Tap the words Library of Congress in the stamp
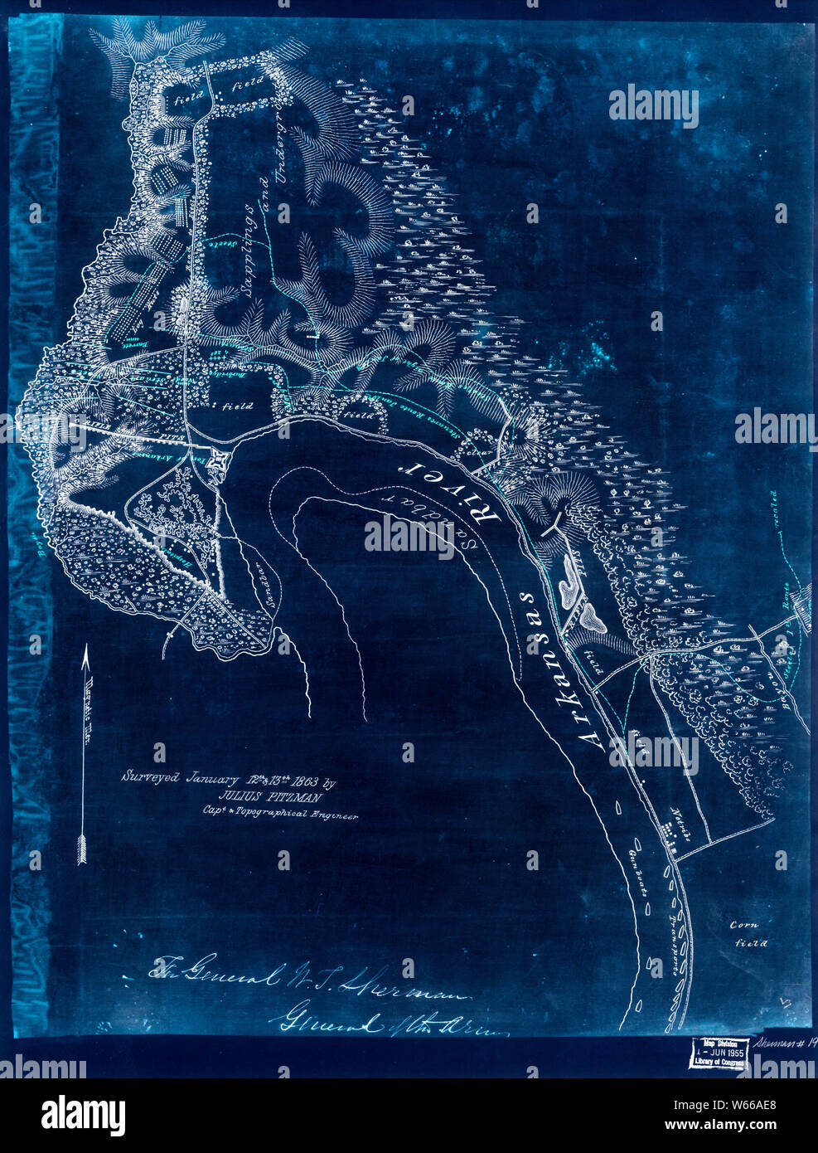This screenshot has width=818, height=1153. pos(718,1062)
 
